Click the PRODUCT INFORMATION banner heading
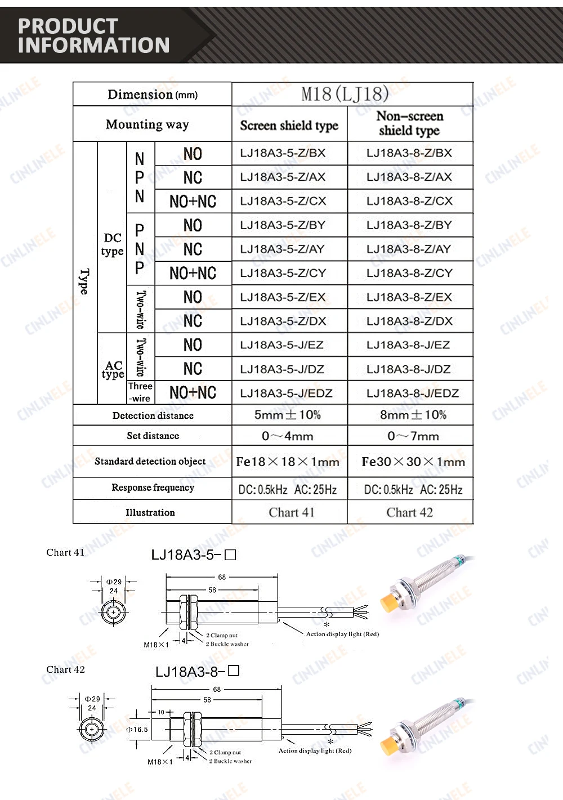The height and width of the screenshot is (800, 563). pyautogui.click(x=93, y=35)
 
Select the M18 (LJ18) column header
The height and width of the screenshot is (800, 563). pyautogui.click(x=345, y=93)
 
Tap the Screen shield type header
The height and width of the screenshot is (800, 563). pyautogui.click(x=289, y=125)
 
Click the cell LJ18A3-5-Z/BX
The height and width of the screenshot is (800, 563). pyautogui.click(x=283, y=153)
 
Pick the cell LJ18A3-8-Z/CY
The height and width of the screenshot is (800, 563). pyautogui.click(x=409, y=273)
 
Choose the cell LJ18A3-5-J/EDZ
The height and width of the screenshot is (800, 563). pyautogui.click(x=286, y=393)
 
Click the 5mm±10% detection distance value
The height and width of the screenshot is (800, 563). pyautogui.click(x=287, y=415)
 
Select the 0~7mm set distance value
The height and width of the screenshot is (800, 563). pyautogui.click(x=413, y=436)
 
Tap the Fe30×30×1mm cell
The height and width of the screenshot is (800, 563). pyautogui.click(x=413, y=462)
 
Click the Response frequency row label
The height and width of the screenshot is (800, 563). pyautogui.click(x=153, y=488)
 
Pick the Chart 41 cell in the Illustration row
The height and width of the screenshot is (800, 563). pyautogui.click(x=291, y=512)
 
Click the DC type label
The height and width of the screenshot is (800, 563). pyautogui.click(x=113, y=244)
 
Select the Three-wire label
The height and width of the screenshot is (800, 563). pyautogui.click(x=140, y=392)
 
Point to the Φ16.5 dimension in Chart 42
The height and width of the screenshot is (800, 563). pyautogui.click(x=137, y=729)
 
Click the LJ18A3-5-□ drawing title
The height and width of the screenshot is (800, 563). pyautogui.click(x=193, y=555)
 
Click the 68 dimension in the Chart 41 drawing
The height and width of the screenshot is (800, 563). pyautogui.click(x=222, y=577)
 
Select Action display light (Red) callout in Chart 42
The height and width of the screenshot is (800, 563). pyautogui.click(x=315, y=750)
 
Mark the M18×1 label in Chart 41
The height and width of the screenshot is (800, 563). pyautogui.click(x=156, y=645)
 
